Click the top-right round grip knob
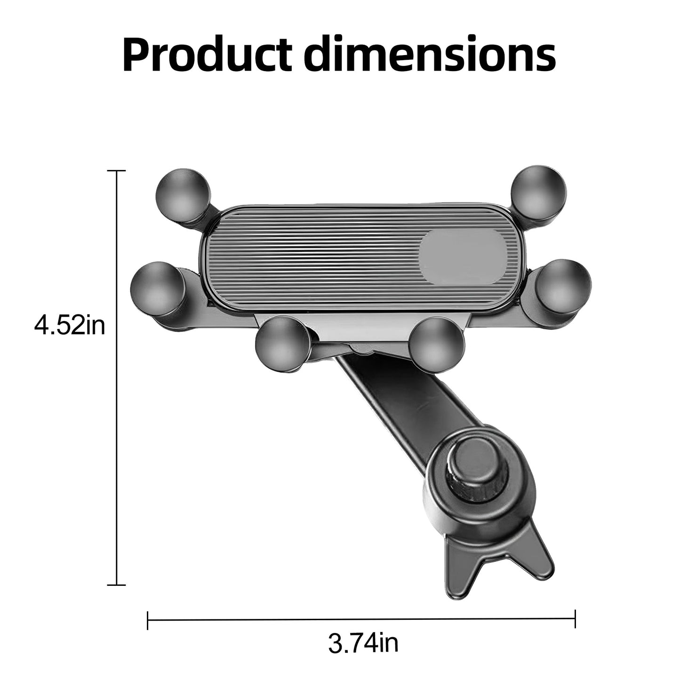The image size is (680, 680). click(x=539, y=192)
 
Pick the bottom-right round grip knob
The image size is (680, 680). click(x=438, y=344)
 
